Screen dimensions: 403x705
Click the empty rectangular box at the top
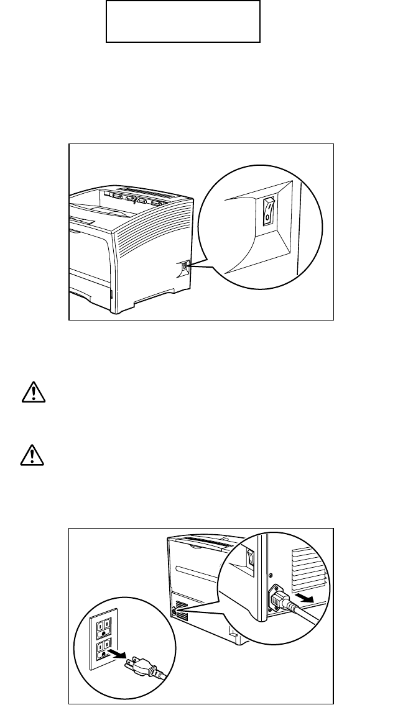(182, 21)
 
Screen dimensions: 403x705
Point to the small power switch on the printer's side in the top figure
(184, 269)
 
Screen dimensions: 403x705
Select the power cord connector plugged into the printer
(278, 599)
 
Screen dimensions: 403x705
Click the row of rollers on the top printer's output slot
(137, 200)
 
